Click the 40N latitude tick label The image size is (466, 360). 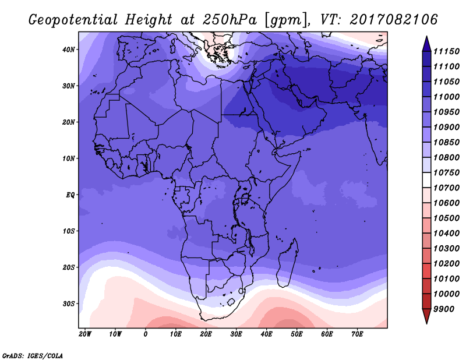68,50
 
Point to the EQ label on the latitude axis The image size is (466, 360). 70,195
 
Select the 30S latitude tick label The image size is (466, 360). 68,304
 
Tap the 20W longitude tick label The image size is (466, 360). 85,334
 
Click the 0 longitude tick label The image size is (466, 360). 145,334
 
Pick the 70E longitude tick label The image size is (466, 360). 357,334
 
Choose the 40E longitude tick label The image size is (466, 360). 266,334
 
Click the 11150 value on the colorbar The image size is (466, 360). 446,51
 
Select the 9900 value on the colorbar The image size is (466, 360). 444,309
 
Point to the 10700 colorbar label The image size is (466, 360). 446,188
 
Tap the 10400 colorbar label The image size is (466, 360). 446,234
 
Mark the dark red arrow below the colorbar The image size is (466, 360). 426,316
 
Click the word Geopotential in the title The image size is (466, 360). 73,20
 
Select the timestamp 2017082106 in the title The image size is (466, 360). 394,20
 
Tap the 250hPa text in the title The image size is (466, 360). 230,20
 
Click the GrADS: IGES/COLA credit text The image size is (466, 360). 33,355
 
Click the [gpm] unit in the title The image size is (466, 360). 286,20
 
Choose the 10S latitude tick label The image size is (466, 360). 68,231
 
